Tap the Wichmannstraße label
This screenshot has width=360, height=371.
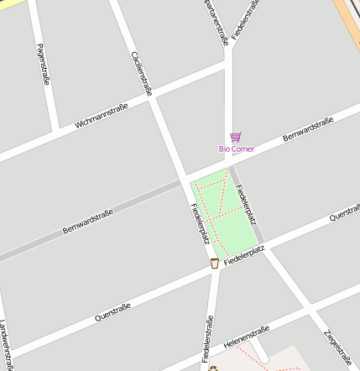(102, 116)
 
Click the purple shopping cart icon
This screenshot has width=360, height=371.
(235, 137)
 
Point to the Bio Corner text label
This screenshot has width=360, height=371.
(237, 149)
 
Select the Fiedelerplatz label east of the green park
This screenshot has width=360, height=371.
(246, 206)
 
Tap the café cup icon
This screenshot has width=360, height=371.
(214, 264)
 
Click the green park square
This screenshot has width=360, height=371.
(220, 210)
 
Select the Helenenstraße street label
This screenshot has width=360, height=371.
(247, 337)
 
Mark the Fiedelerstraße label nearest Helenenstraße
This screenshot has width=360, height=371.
(207, 340)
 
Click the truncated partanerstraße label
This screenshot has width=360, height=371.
(216, 22)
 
